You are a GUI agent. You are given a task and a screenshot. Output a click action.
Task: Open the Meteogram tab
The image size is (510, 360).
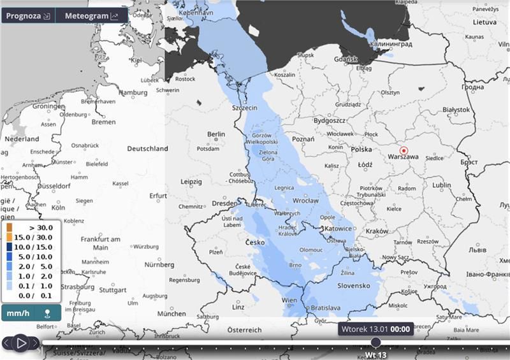[x=92, y=16]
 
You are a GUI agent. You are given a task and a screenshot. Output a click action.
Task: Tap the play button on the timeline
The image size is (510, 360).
[x=20, y=343]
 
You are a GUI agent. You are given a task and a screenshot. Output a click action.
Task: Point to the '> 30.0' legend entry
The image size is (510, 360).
[x=31, y=227]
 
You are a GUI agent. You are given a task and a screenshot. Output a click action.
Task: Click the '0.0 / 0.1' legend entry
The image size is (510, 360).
[x=31, y=295]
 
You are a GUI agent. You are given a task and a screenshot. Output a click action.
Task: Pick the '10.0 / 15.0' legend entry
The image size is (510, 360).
[x=31, y=247]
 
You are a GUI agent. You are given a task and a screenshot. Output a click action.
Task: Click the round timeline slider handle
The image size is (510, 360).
[x=375, y=343]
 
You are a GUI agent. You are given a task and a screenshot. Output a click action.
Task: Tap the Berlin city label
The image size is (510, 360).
[x=217, y=134]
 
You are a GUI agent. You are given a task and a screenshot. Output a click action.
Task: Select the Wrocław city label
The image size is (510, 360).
[x=305, y=200]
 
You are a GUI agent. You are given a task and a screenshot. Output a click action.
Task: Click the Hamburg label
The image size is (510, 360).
[x=133, y=92]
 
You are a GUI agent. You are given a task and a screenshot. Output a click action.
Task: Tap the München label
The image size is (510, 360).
[x=171, y=313]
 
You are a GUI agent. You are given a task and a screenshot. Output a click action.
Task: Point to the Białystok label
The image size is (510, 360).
[x=455, y=110]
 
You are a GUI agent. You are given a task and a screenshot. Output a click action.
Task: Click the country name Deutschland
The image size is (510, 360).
[x=147, y=148]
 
